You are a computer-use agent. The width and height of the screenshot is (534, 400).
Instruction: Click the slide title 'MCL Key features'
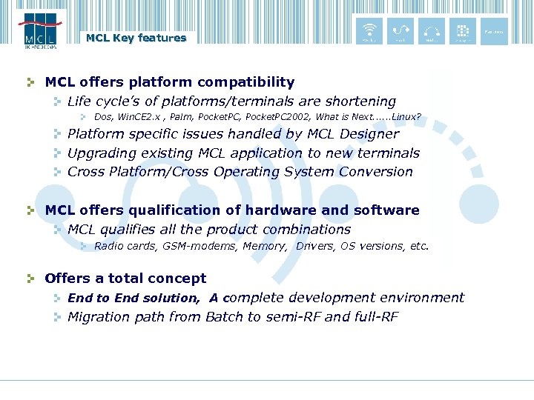[136, 38]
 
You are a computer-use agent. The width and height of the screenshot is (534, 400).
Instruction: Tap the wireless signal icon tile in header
[369, 31]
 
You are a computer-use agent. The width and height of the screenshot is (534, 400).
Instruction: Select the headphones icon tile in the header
[431, 31]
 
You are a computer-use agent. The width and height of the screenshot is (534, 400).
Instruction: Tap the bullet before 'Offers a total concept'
[30, 279]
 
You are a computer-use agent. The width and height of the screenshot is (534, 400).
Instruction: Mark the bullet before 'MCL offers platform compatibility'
[30, 82]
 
